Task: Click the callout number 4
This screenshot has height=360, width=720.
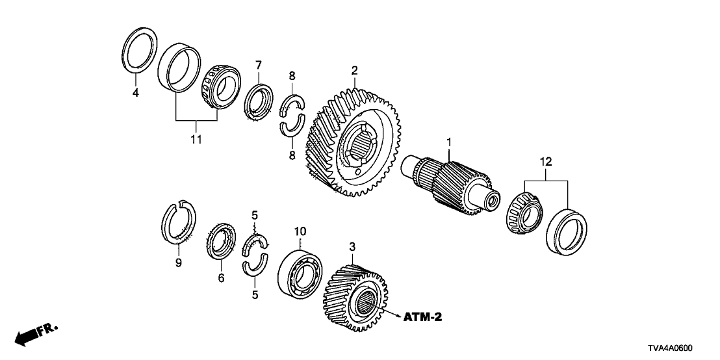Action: (x=136, y=94)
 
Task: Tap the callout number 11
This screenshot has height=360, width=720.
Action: (x=196, y=139)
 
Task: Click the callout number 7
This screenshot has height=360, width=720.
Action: (x=258, y=65)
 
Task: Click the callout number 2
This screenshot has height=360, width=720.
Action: (x=355, y=70)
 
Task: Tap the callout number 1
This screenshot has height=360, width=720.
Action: (x=447, y=141)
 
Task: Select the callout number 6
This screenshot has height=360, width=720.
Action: (x=221, y=277)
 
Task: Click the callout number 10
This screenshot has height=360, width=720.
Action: (x=300, y=231)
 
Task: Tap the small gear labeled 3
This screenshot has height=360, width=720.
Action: (x=354, y=292)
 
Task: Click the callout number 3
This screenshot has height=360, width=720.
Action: (x=353, y=247)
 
